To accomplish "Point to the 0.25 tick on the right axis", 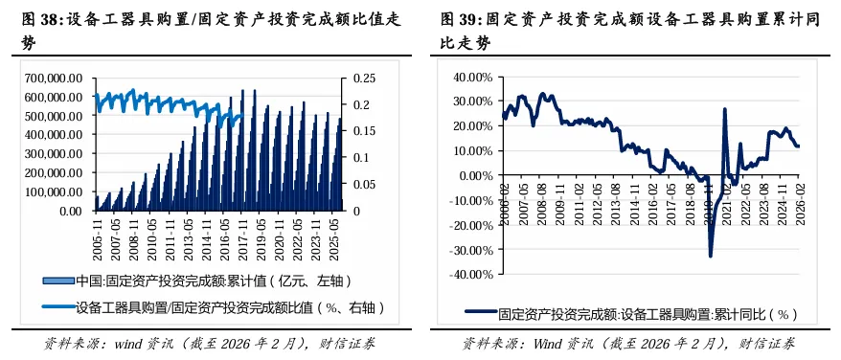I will click(363, 79).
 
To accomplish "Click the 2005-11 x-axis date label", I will click(100, 234).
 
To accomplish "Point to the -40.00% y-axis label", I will click(472, 274).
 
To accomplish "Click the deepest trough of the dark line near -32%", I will click(711, 255).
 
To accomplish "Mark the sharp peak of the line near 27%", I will click(724, 109).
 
